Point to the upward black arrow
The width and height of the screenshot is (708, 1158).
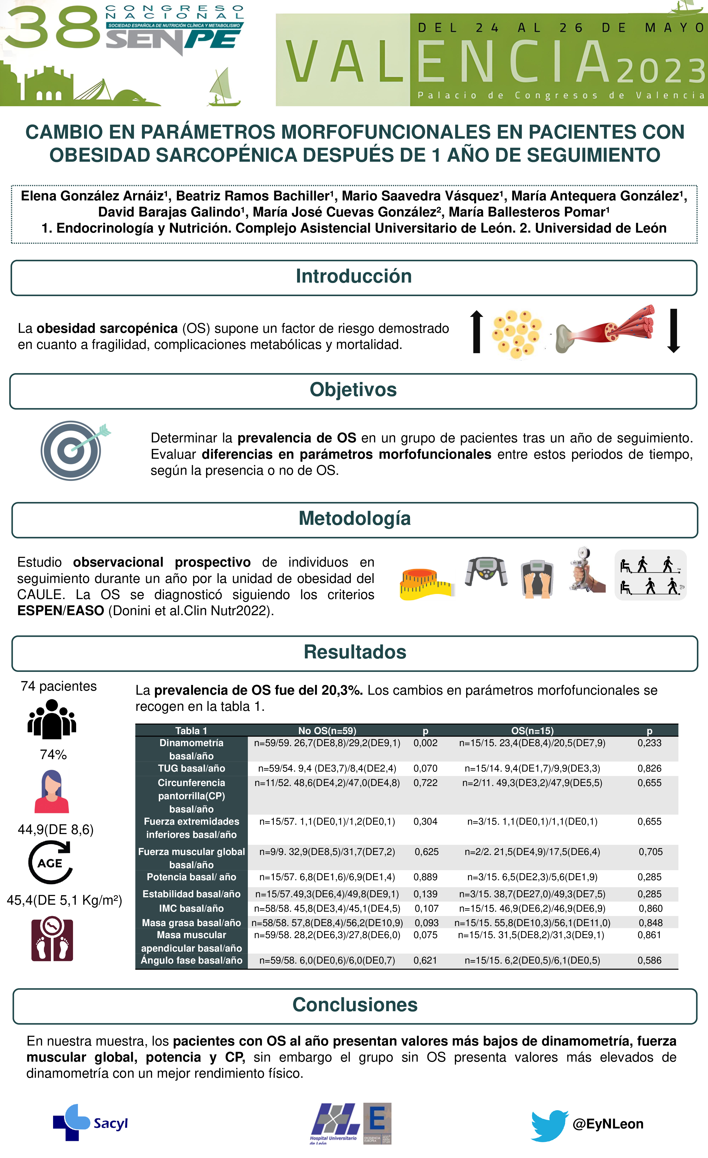pos(476,331)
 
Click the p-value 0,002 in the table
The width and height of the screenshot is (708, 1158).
pos(425,743)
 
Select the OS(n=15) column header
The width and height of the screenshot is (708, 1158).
pos(532,731)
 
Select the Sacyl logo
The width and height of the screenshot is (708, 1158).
pos(90,1123)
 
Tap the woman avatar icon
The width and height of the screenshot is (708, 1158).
pos(52,792)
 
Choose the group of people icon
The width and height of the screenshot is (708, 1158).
pos(52,719)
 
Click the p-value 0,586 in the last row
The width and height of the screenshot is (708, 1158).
pos(649,961)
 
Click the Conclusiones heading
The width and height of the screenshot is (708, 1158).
pos(355,1005)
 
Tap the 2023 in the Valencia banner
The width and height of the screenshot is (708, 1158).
pos(660,70)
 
